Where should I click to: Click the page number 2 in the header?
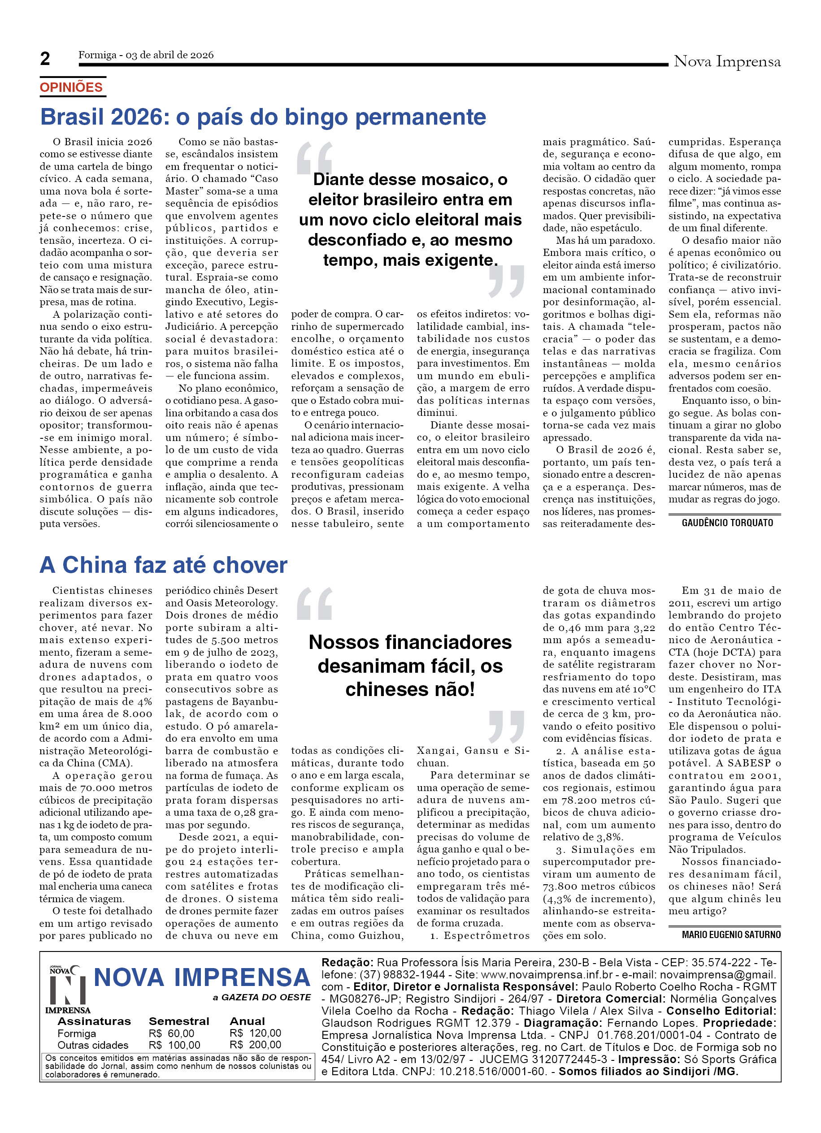click(x=45, y=59)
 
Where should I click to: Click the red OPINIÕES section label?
click(x=71, y=87)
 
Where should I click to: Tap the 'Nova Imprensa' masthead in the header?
click(x=726, y=62)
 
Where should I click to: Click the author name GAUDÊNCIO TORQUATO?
click(x=727, y=523)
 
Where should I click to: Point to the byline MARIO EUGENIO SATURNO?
click(x=730, y=934)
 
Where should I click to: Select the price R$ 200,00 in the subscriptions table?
click(x=255, y=1045)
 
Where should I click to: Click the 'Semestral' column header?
click(x=178, y=1021)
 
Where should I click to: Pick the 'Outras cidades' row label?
click(x=92, y=1045)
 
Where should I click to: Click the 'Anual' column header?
click(x=247, y=1021)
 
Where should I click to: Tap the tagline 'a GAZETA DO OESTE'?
click(x=261, y=998)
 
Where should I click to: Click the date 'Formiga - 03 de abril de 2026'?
click(x=146, y=55)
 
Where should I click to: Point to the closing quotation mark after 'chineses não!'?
click(x=506, y=727)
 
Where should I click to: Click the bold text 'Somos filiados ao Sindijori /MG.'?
click(x=648, y=1071)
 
